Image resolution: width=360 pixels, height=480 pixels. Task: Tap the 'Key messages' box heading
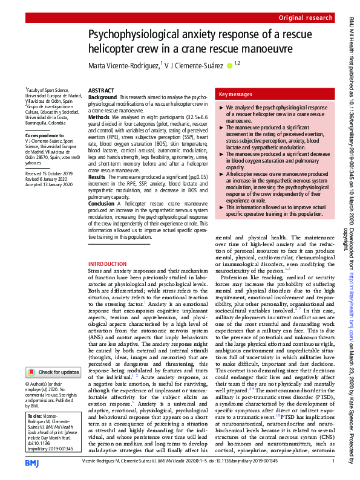click(x=236, y=94)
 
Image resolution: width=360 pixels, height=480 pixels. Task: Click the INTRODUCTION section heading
click(x=108, y=265)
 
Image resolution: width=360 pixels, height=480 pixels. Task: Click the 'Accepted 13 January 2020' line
click(x=47, y=184)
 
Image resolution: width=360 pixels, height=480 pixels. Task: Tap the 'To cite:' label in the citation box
click(x=34, y=417)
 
